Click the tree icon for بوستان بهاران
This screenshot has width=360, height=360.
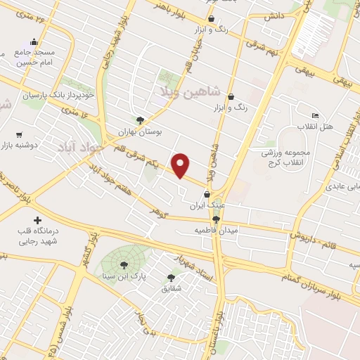(x=140, y=120)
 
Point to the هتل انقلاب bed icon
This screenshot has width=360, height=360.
(x=315, y=115)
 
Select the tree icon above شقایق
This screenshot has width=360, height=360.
(x=172, y=277)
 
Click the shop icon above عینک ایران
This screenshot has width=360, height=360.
(x=206, y=195)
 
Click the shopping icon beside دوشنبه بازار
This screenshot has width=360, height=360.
(x=19, y=134)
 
